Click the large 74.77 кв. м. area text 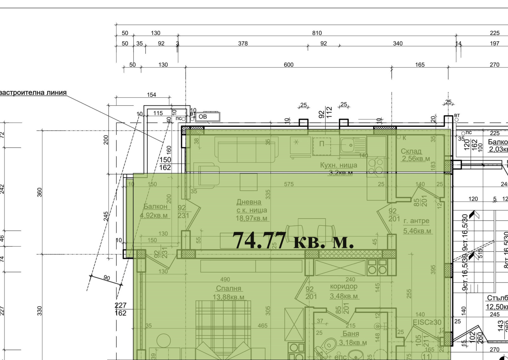293,241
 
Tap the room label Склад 411,151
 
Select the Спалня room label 229,288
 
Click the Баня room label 351,333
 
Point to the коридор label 344,286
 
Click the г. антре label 417,221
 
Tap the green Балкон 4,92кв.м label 155,207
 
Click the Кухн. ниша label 338,165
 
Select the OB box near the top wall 207,117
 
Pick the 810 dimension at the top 317,33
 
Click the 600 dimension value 288,65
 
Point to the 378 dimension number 243,44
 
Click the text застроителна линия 33,92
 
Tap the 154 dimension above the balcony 151,95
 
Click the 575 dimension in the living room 289,184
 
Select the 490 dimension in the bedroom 225,280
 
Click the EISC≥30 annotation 427,322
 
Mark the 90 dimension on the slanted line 107,278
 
